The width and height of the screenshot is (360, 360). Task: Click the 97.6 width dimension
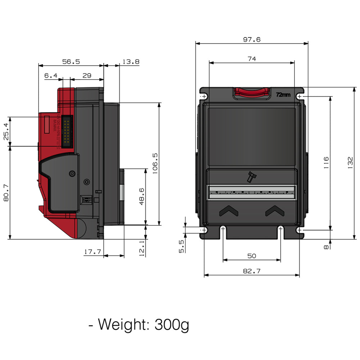(x=252, y=40)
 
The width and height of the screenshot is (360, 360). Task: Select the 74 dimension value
(x=252, y=59)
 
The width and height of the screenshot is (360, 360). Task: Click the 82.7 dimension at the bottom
(x=252, y=271)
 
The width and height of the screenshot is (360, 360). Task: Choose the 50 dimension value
(x=252, y=256)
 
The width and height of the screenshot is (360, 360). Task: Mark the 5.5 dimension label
(x=181, y=247)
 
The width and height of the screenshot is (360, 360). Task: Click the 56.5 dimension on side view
(x=71, y=62)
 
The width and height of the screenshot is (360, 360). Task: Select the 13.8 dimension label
(x=131, y=62)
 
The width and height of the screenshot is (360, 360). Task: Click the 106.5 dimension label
(x=155, y=163)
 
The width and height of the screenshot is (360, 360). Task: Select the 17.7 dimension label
(x=93, y=252)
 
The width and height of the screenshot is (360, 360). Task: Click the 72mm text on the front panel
(x=283, y=95)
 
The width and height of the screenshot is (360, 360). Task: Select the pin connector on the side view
(x=66, y=131)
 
